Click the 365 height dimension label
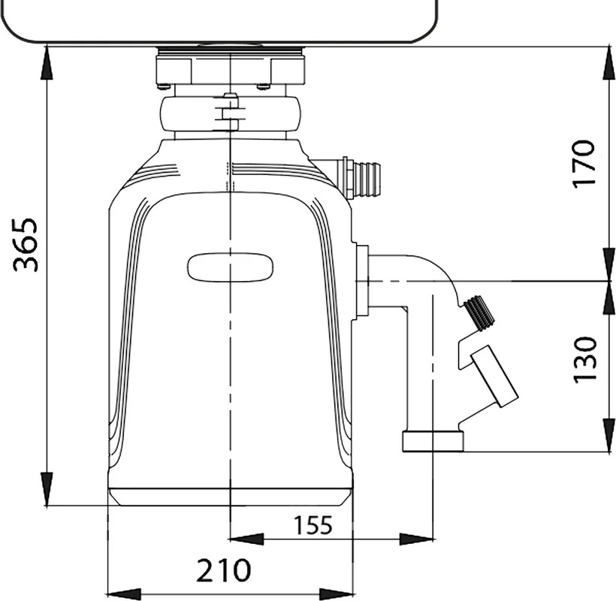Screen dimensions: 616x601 coord(26,245)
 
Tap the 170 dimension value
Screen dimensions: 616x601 coord(584,164)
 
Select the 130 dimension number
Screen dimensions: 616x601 coord(585,359)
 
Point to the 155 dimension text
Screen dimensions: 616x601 coord(313,525)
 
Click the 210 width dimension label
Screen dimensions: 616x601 coord(223,570)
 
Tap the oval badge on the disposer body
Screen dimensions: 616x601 coord(230,267)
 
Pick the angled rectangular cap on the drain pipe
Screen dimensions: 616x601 coord(494,376)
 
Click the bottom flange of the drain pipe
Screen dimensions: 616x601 coord(433,441)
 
